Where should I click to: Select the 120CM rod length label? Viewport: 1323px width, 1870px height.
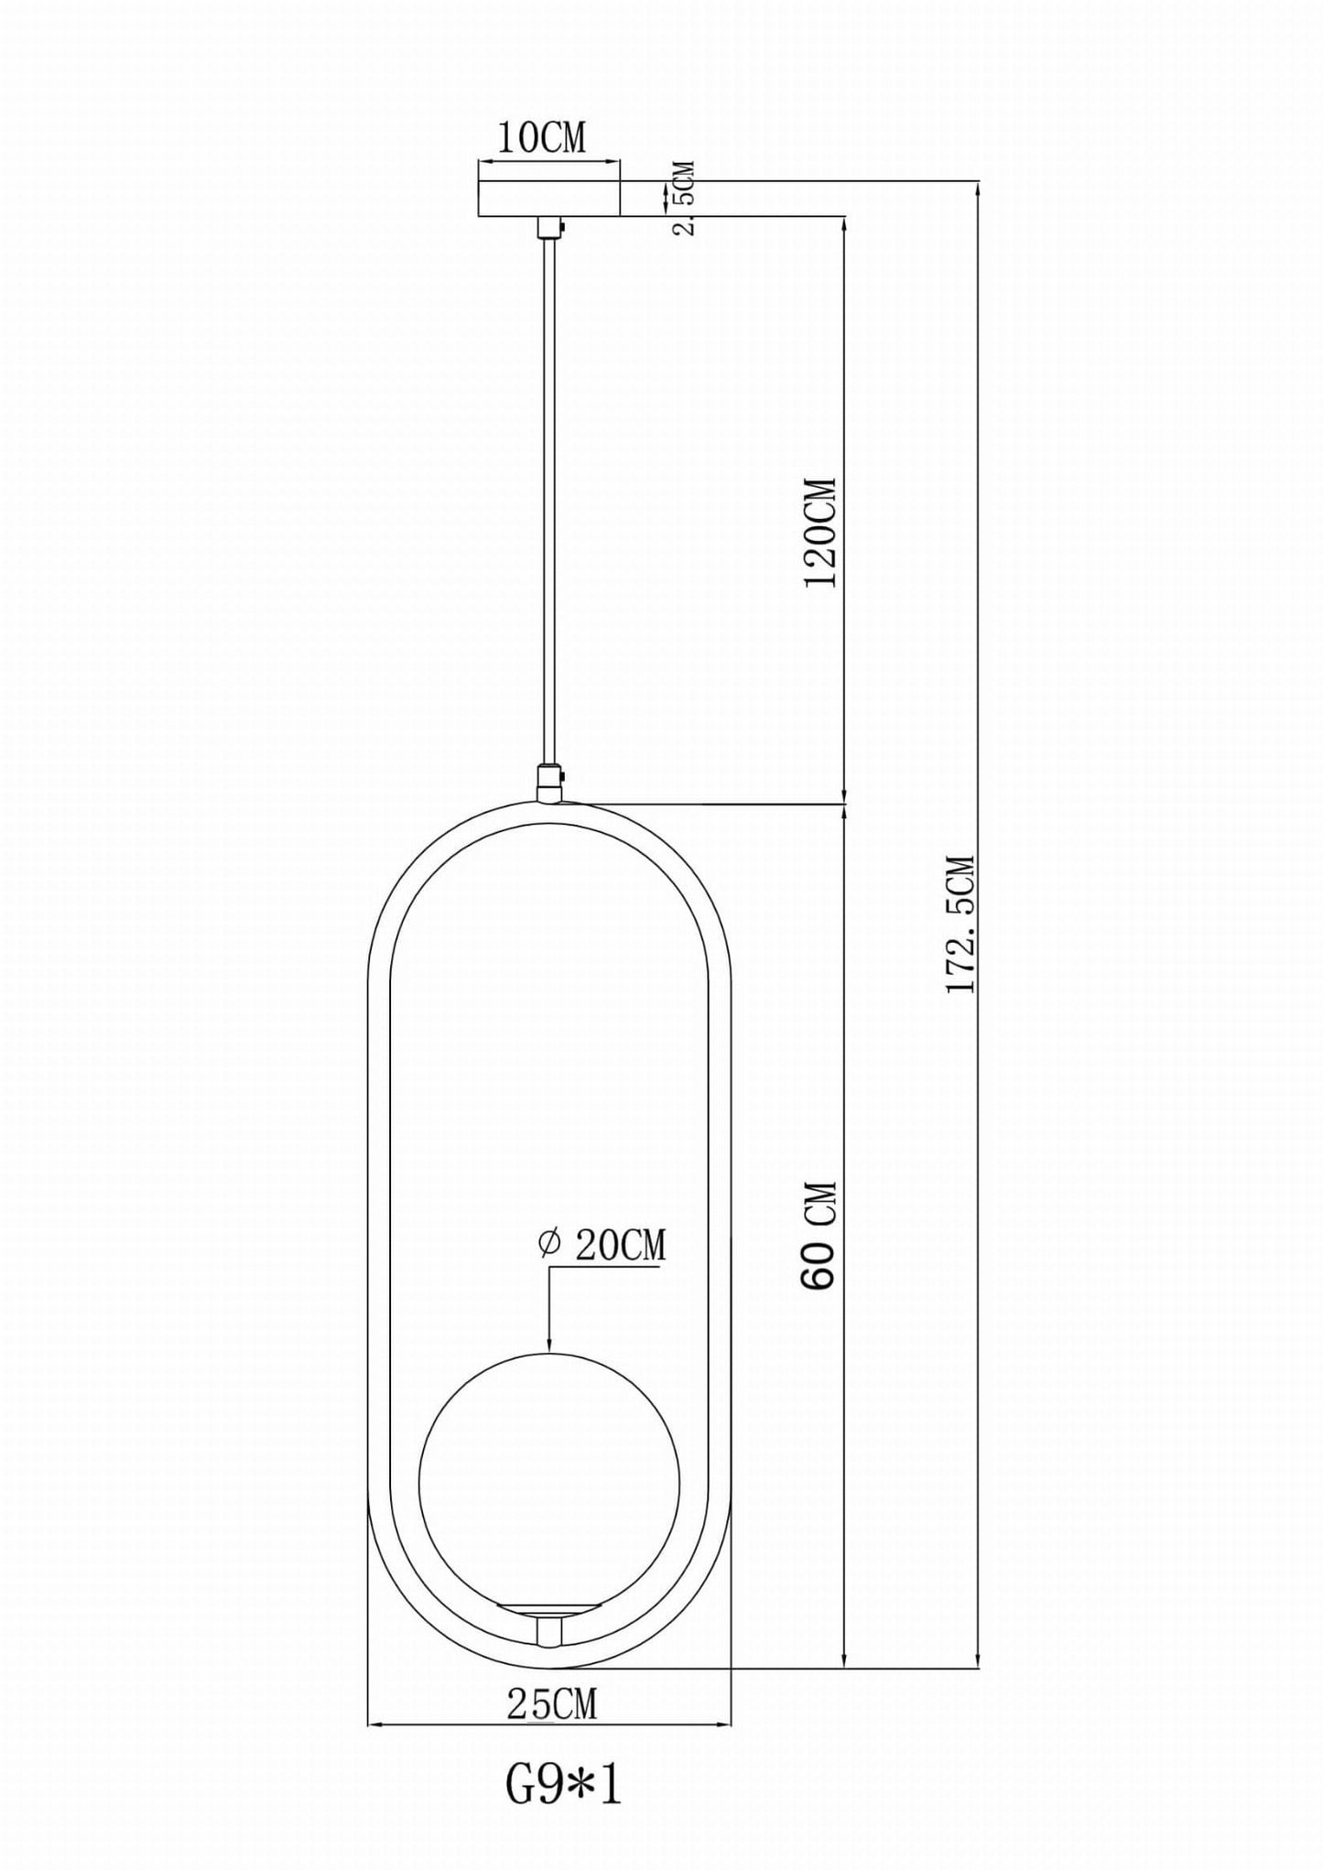[819, 533]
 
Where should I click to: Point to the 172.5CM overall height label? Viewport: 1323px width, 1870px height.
[960, 924]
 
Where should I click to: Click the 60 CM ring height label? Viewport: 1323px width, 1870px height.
[818, 1236]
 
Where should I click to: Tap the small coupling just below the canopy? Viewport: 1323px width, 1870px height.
[548, 226]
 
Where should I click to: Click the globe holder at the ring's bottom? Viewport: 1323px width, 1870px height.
[548, 1621]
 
